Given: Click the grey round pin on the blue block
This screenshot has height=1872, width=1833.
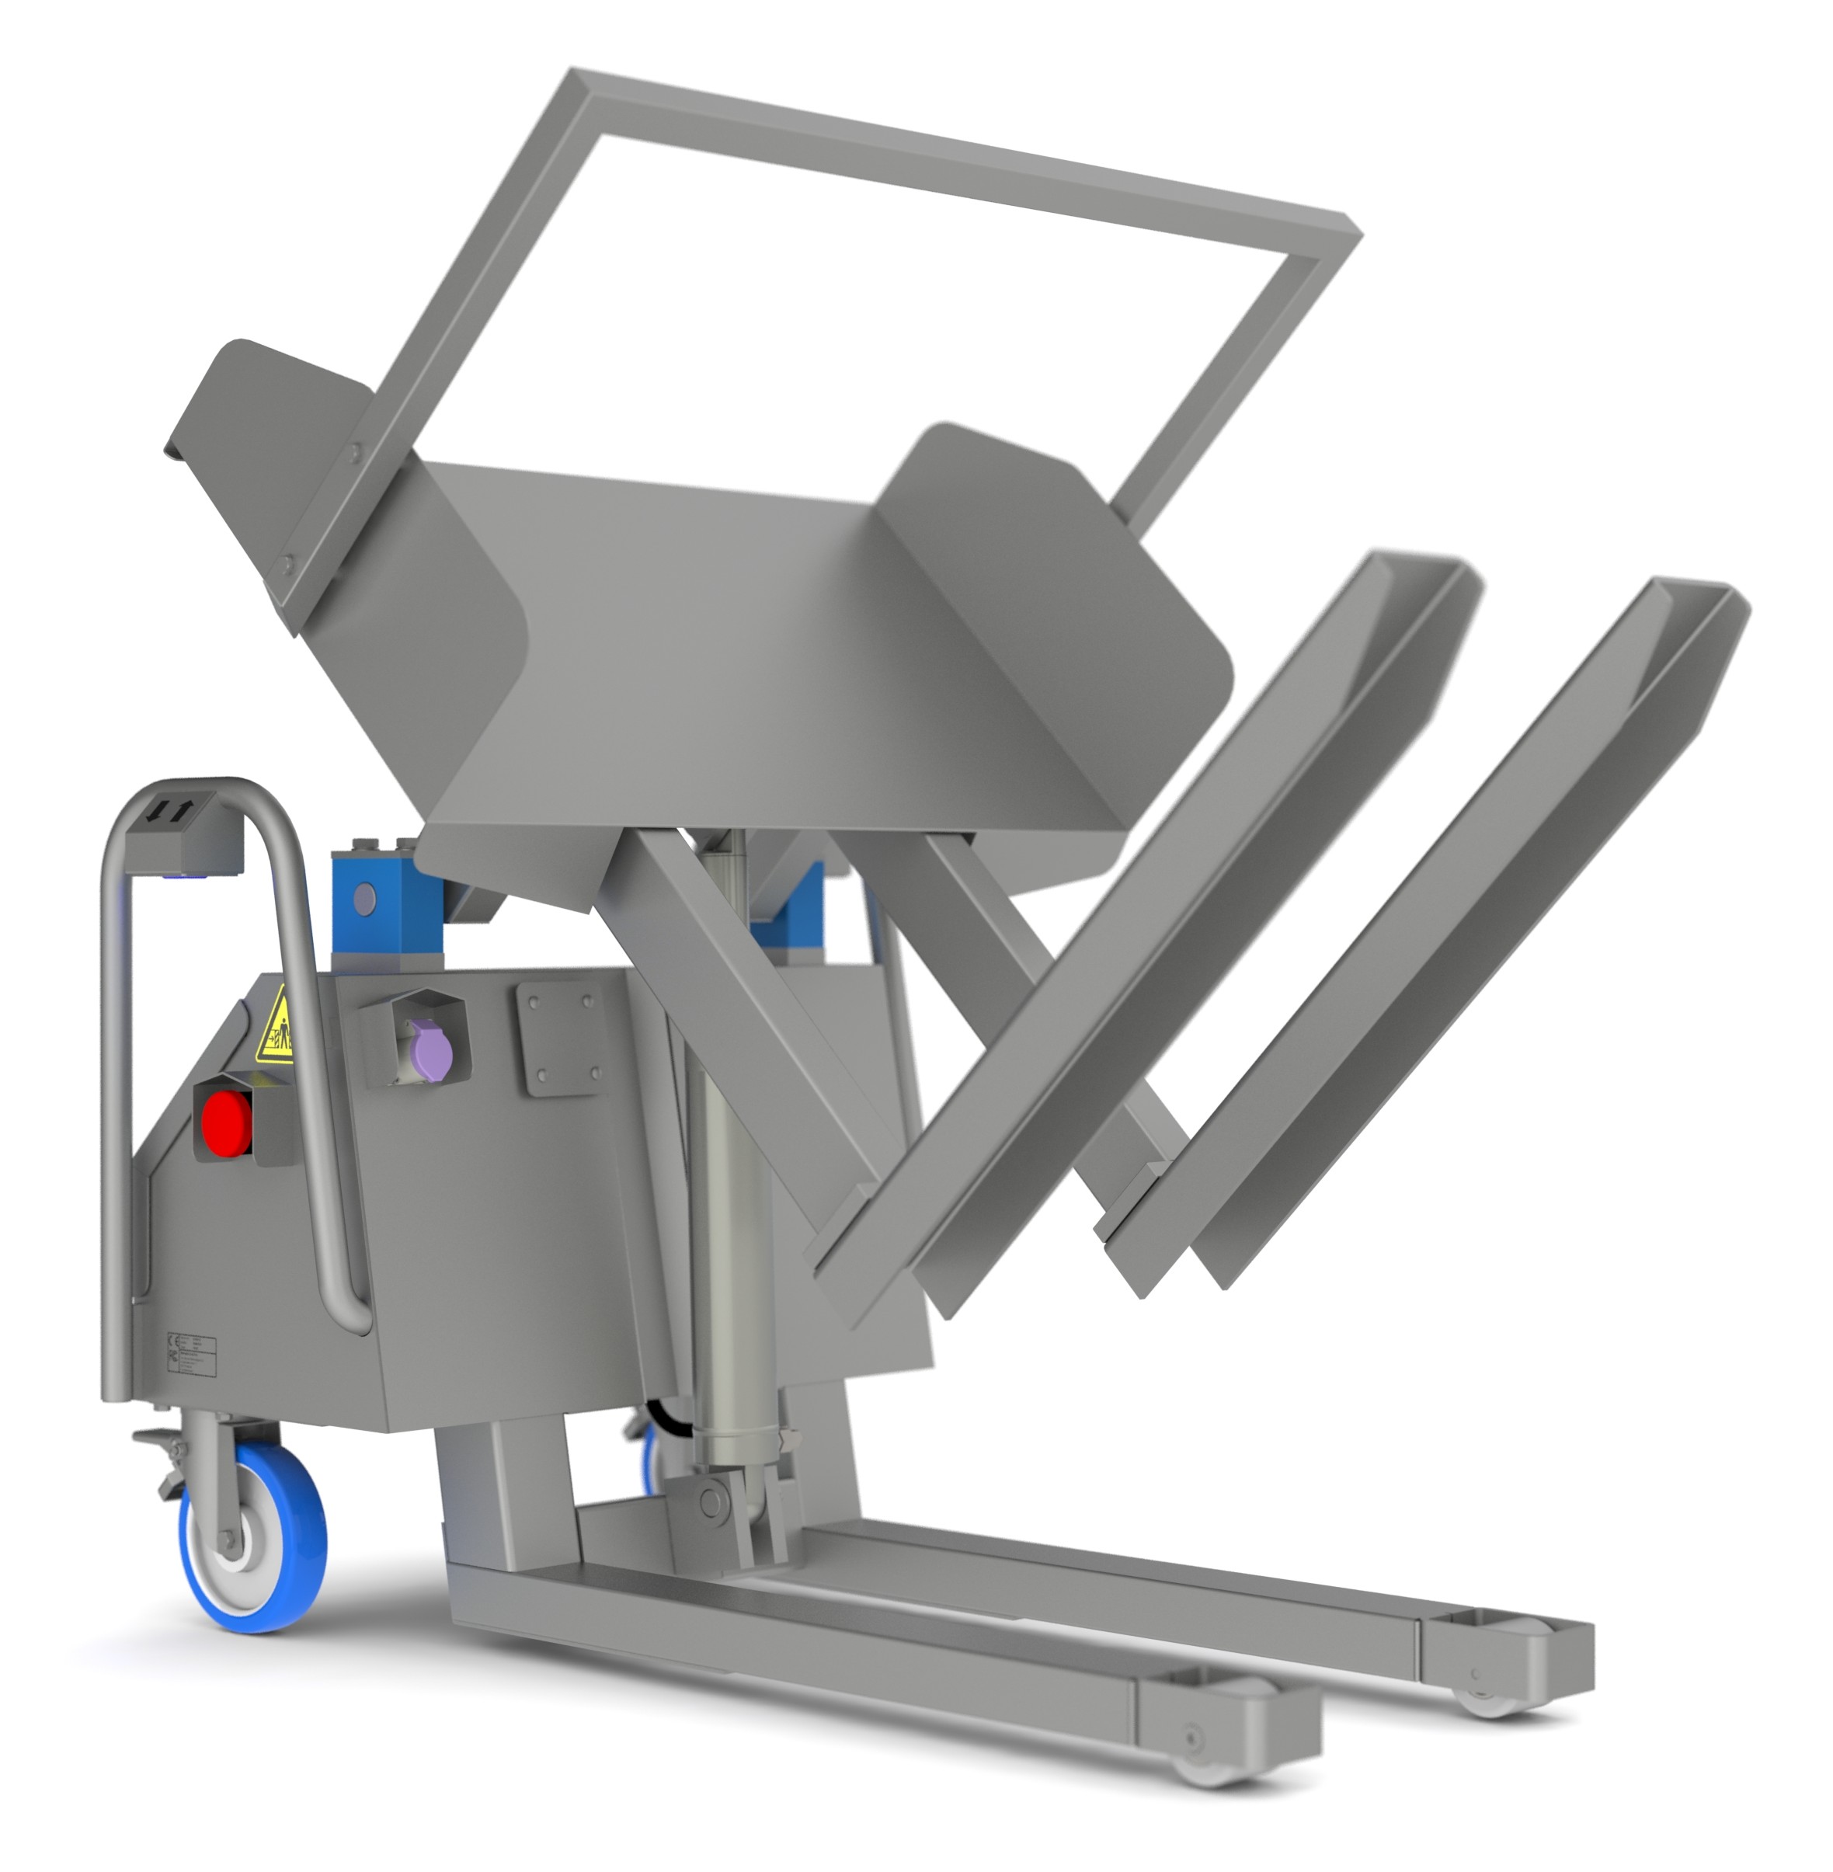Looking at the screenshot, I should click(x=365, y=900).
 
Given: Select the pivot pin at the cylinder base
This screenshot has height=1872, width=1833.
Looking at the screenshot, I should click(x=713, y=1499).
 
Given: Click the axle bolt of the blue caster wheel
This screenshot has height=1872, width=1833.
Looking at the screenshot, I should click(x=229, y=1538).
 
